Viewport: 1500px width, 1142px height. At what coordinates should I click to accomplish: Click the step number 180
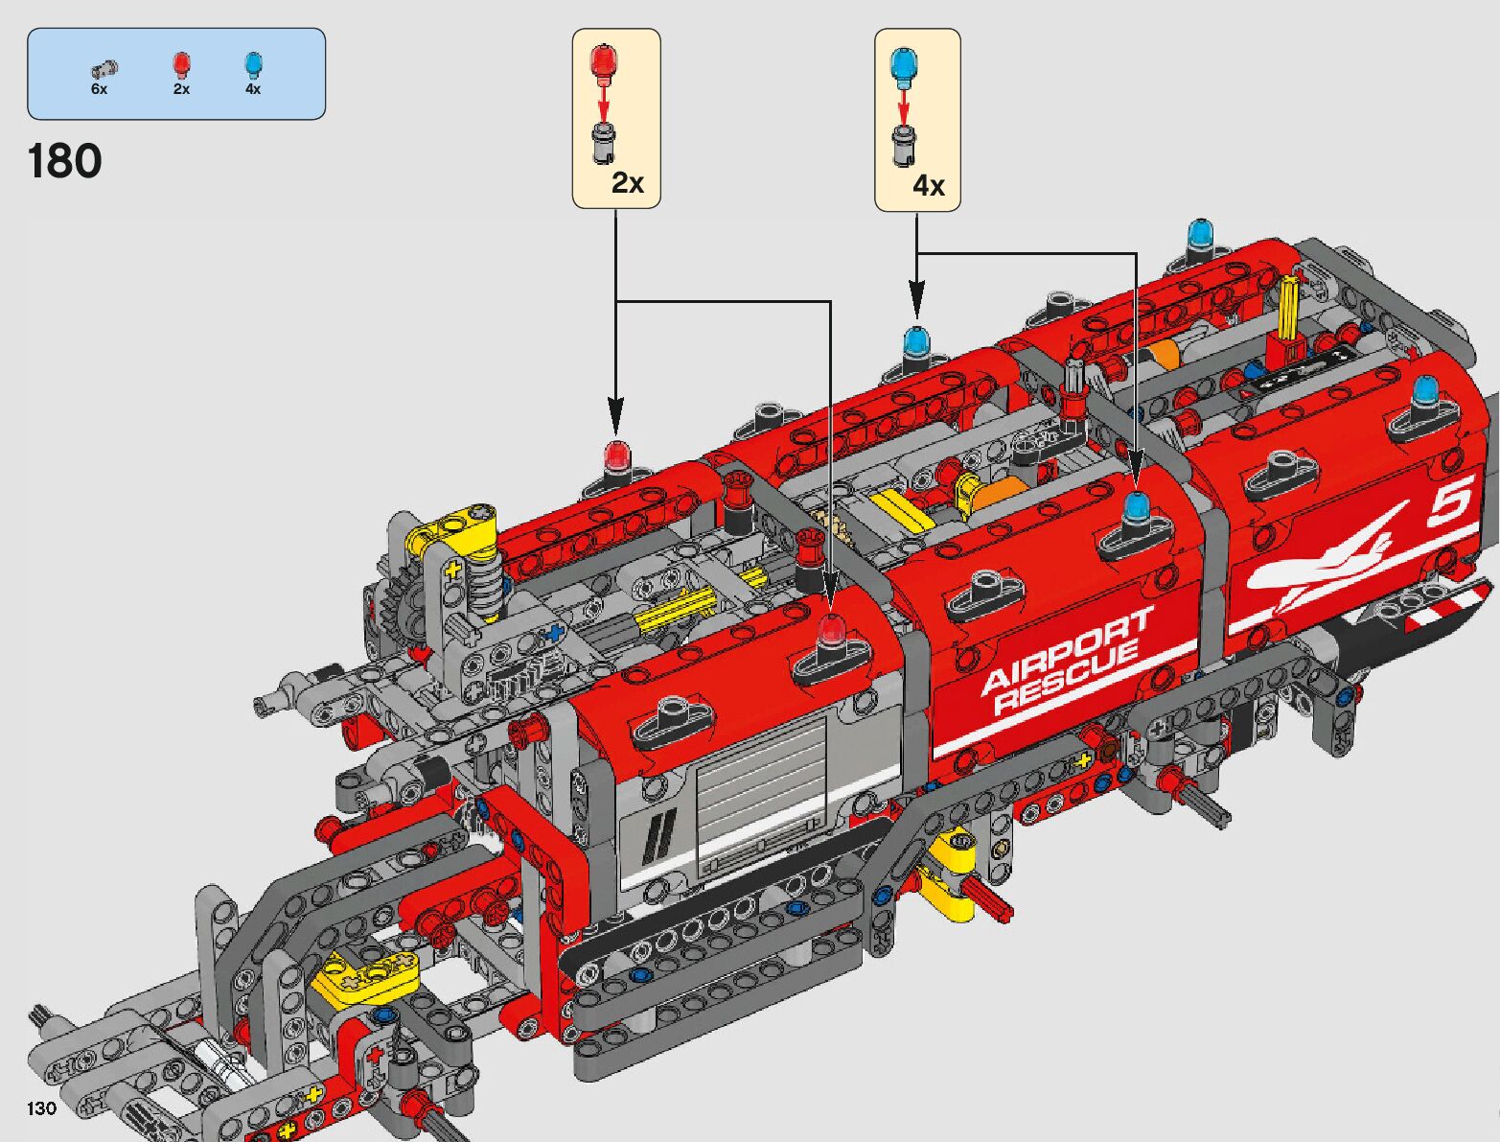(x=65, y=162)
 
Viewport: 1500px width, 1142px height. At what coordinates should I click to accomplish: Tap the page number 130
(x=41, y=1107)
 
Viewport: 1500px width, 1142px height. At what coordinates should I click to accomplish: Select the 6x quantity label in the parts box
(x=99, y=89)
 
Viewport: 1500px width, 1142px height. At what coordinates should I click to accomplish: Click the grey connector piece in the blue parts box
(x=104, y=69)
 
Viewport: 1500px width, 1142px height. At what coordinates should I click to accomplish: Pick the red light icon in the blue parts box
(x=181, y=65)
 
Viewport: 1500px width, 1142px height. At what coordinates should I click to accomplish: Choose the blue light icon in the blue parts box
(x=254, y=65)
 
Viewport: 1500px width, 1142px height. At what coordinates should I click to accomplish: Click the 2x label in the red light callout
(x=628, y=183)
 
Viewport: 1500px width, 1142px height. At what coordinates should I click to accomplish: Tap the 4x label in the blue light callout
(x=929, y=185)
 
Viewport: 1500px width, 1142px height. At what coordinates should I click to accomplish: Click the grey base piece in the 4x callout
(x=904, y=146)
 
